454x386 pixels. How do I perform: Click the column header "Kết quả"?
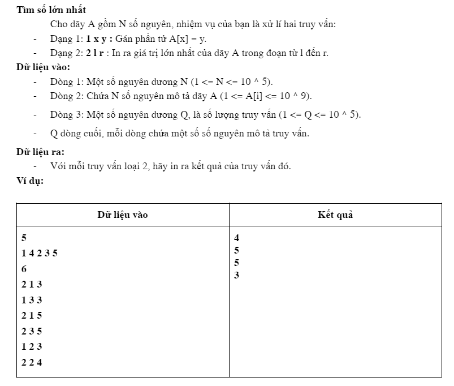[335, 215]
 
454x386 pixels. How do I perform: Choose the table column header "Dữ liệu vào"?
[123, 215]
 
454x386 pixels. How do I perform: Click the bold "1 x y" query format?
[92, 39]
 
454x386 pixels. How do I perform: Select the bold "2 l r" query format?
[90, 53]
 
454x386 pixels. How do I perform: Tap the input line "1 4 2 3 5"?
[40, 253]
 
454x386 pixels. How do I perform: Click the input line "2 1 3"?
[32, 284]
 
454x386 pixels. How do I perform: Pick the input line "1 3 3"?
[32, 300]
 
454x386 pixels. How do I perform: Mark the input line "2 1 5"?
[32, 315]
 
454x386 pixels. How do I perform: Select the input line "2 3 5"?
[32, 331]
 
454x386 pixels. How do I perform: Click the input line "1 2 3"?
[32, 346]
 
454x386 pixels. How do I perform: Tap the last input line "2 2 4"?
[32, 362]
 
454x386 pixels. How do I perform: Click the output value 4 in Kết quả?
[236, 238]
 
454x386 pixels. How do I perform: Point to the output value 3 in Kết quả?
[236, 275]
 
